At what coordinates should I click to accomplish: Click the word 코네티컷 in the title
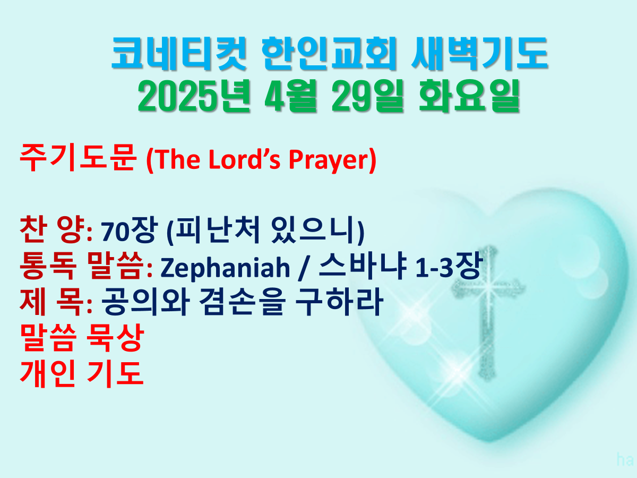179,54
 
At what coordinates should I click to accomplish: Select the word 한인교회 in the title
329,54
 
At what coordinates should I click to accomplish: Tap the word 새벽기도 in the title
480,54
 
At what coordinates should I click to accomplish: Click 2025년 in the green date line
194,96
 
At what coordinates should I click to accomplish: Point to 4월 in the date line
290,96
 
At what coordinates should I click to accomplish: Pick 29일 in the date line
368,96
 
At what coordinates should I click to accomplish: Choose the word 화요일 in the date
469,96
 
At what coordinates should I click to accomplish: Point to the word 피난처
217,230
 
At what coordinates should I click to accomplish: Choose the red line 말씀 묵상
82,338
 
